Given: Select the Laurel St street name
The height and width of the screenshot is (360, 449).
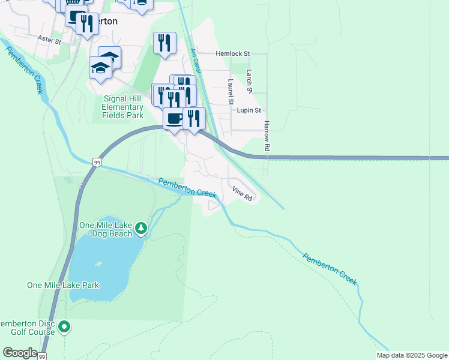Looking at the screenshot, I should pyautogui.click(x=230, y=92).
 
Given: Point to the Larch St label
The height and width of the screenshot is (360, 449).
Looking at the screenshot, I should pyautogui.click(x=249, y=81).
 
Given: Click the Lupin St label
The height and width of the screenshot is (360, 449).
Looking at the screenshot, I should pyautogui.click(x=249, y=110).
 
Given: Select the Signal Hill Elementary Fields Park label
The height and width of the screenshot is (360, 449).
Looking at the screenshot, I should pyautogui.click(x=123, y=107).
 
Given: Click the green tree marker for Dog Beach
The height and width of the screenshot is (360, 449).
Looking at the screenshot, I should pyautogui.click(x=141, y=227).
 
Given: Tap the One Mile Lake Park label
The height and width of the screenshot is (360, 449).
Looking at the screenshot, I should pyautogui.click(x=63, y=285).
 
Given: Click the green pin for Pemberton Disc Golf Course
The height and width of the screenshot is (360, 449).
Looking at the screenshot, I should pyautogui.click(x=65, y=327).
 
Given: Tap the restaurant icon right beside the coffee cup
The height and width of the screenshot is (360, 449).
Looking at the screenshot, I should pyautogui.click(x=194, y=118).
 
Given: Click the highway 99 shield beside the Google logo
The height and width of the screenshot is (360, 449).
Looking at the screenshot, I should pyautogui.click(x=41, y=356).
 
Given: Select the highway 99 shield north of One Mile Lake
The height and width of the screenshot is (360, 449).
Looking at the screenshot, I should pyautogui.click(x=97, y=162).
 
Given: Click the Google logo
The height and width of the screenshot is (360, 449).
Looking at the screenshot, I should pyautogui.click(x=20, y=353).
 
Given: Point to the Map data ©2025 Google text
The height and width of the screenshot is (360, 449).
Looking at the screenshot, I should pyautogui.click(x=412, y=355).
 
